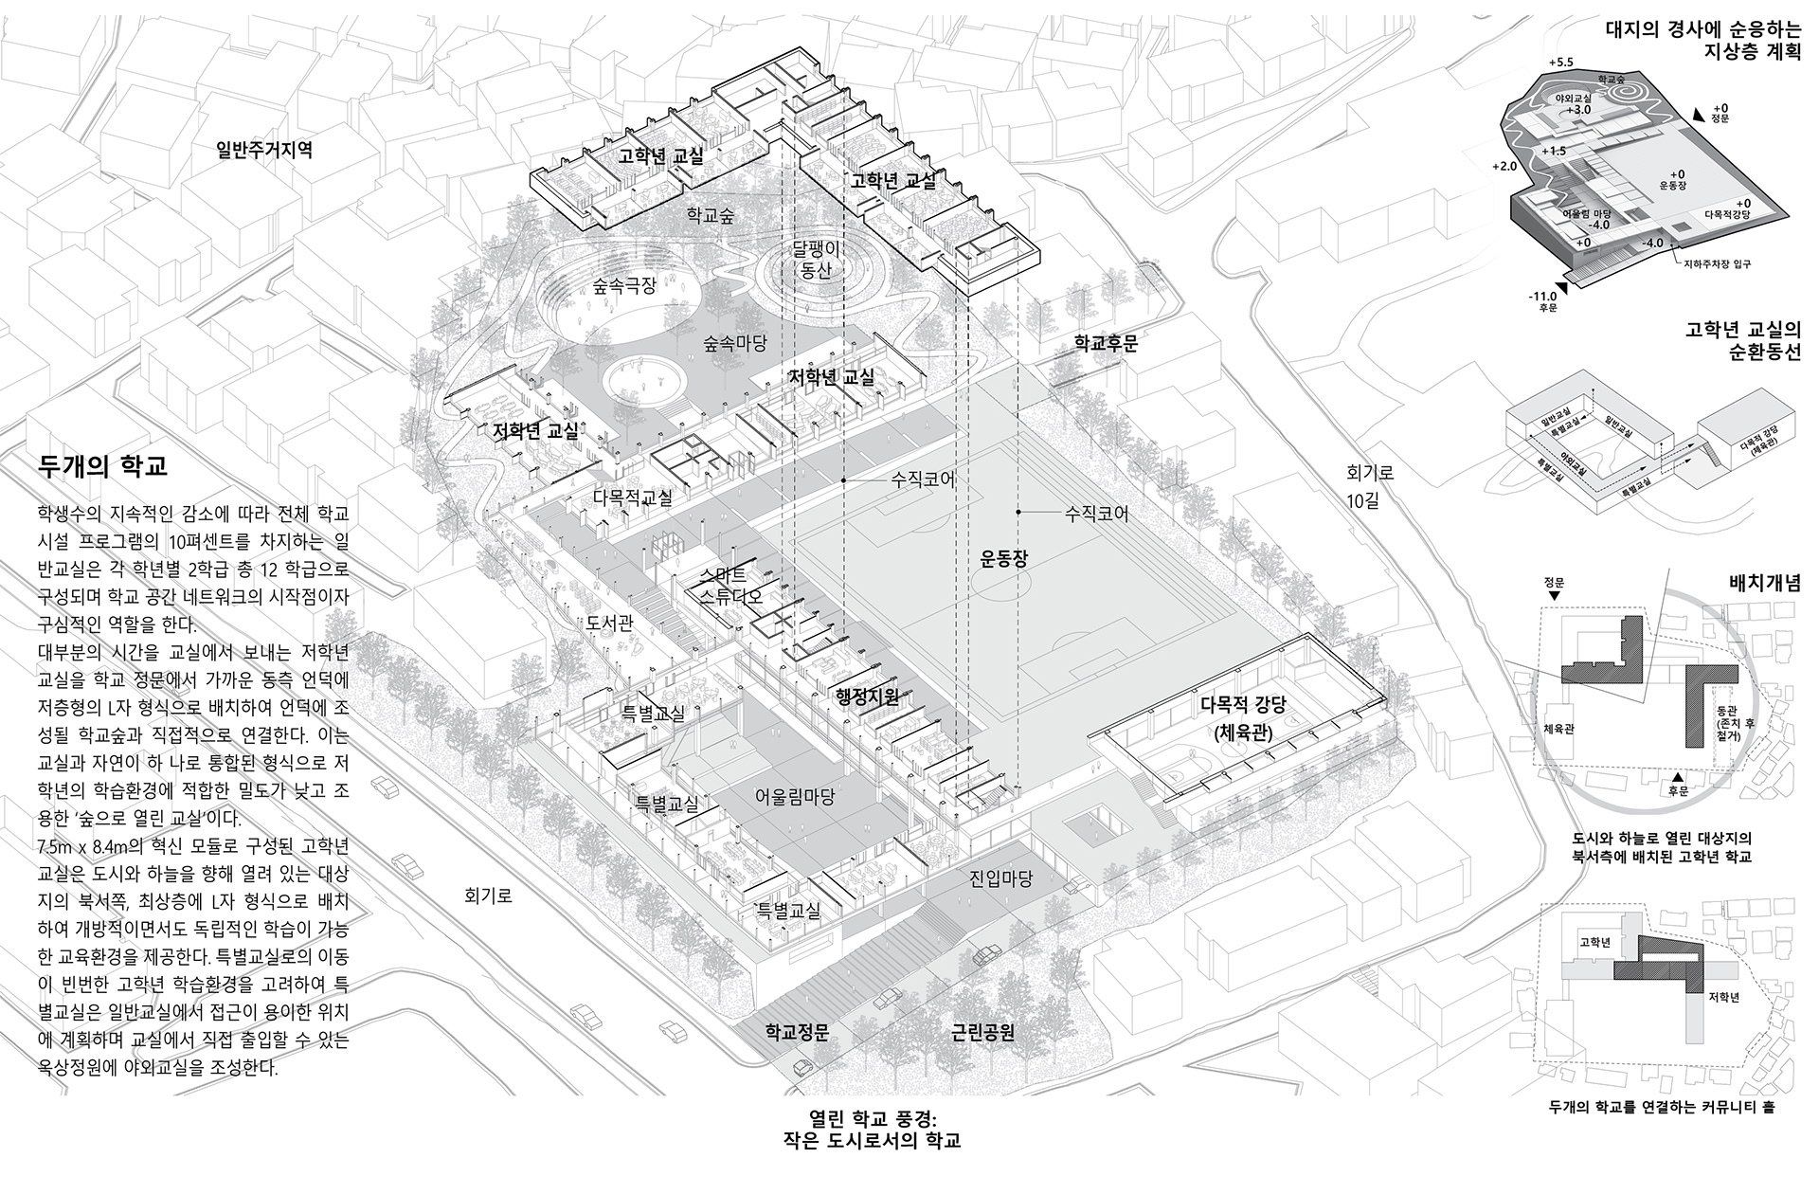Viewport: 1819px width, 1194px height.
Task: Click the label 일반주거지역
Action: (264, 150)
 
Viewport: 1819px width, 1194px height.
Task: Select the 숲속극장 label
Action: (624, 285)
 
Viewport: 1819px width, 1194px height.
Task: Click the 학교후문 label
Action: (1106, 344)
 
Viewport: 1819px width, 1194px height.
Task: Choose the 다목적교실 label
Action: (633, 496)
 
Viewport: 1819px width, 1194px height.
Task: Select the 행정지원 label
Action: (866, 698)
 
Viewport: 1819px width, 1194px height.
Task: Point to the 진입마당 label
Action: (1000, 878)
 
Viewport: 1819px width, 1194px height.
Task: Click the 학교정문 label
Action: (798, 1032)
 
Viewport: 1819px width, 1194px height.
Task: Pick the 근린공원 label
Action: (982, 1032)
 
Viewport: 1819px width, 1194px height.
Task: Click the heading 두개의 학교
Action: (103, 466)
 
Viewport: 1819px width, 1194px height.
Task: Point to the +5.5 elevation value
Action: (1559, 63)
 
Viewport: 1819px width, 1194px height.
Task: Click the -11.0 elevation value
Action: (1541, 297)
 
